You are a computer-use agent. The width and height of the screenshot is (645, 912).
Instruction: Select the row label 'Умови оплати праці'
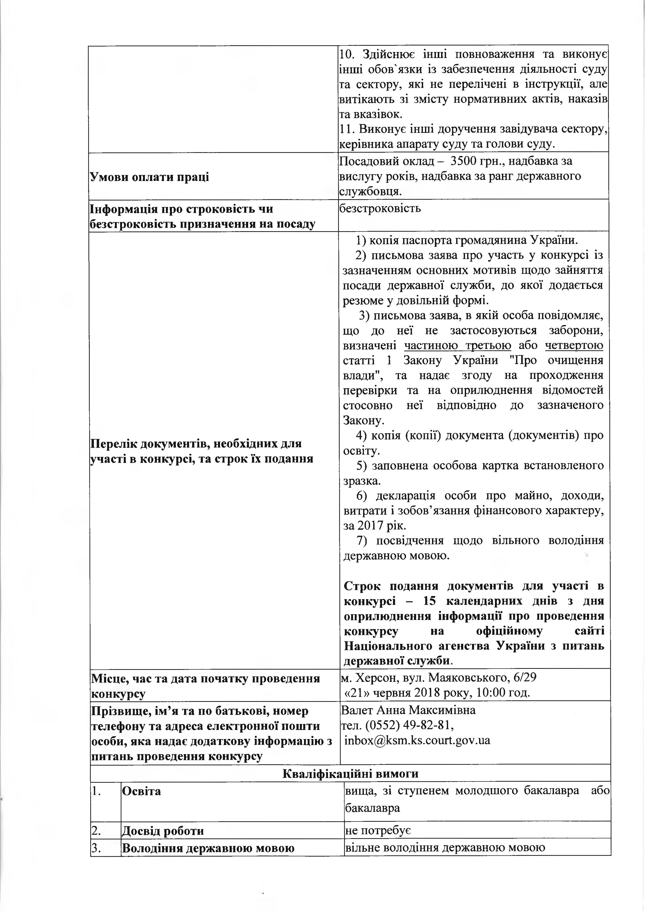pyautogui.click(x=149, y=177)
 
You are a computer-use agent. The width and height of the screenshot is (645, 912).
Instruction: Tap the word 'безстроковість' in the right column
pyautogui.click(x=380, y=208)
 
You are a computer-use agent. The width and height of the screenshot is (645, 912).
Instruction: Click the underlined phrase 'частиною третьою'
pyautogui.click(x=457, y=345)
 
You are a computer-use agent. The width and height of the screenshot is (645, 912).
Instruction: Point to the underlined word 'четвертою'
pyautogui.click(x=574, y=345)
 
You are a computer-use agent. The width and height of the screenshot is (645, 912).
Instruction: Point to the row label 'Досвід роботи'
pyautogui.click(x=163, y=831)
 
